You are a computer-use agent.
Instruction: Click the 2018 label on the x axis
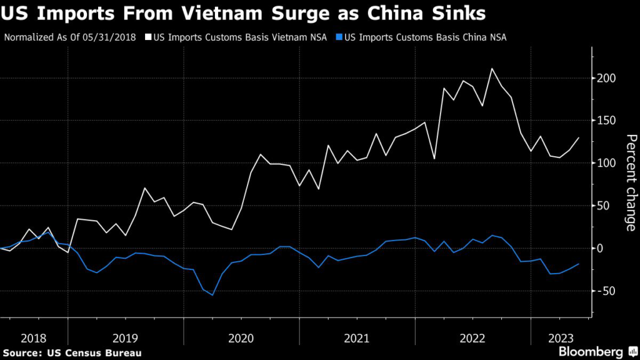coord(34,338)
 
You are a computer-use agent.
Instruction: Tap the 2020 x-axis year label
coord(241,338)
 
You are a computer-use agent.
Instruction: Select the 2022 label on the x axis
coord(472,338)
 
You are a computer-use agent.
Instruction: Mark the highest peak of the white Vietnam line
coord(492,69)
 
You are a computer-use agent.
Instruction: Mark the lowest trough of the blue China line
coord(212,295)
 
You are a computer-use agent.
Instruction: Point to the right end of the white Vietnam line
coord(579,137)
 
